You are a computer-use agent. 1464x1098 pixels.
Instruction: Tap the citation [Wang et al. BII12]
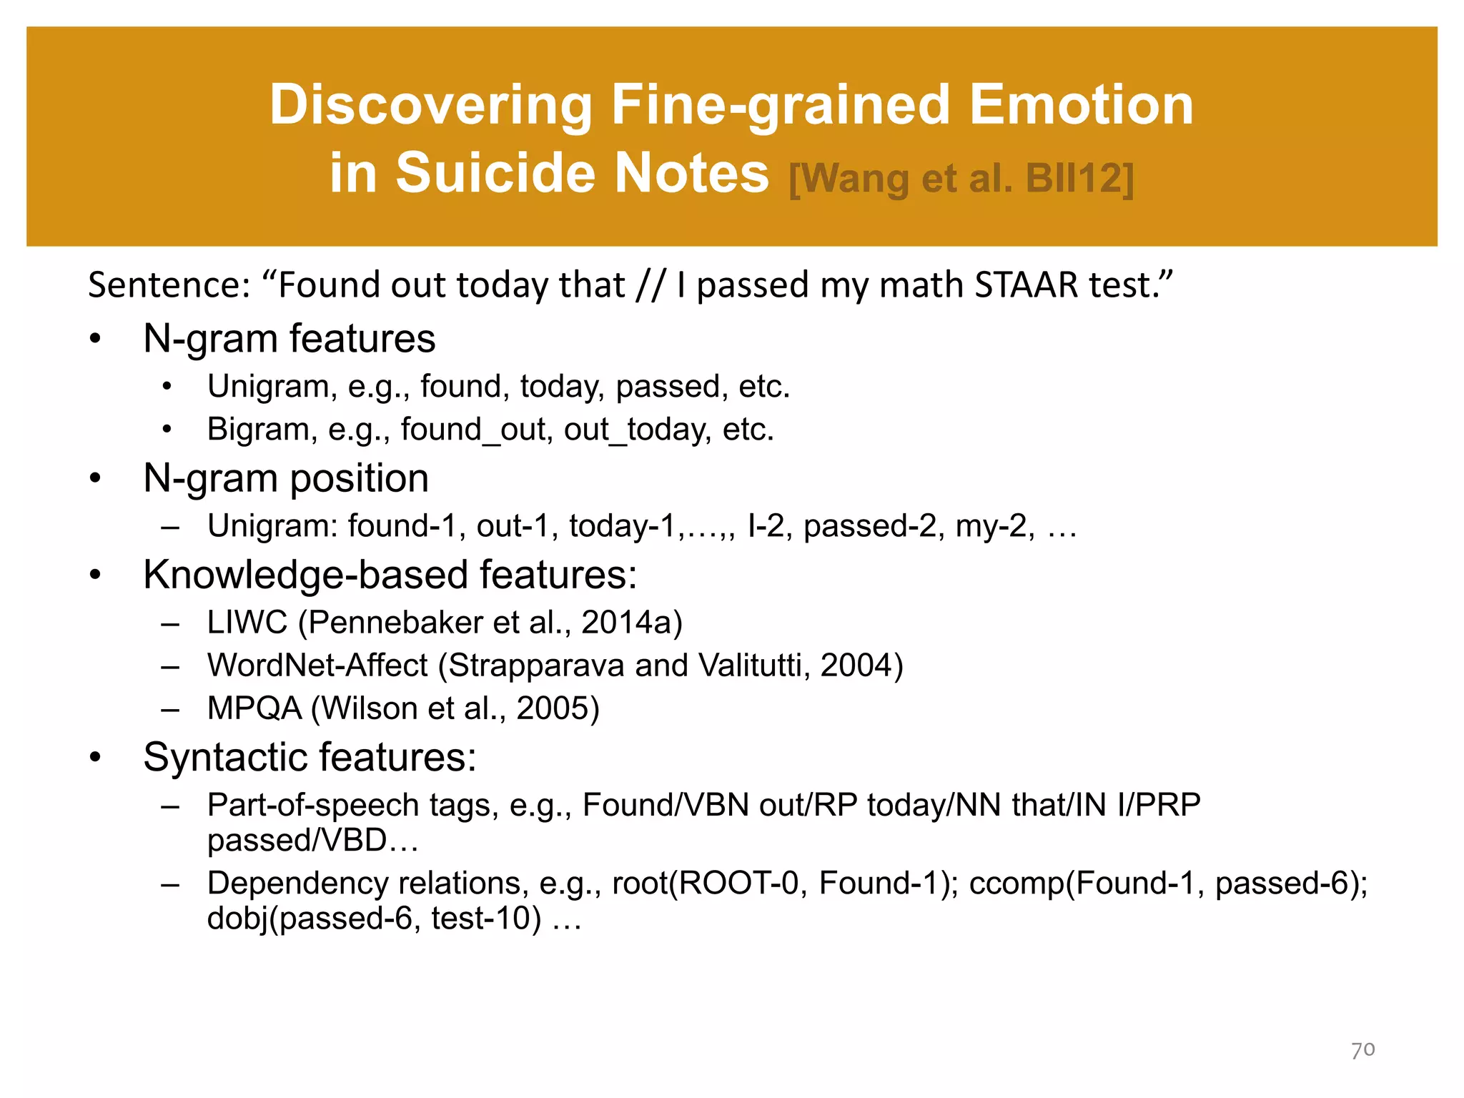(961, 178)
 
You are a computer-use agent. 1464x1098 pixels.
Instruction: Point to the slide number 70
(1362, 1049)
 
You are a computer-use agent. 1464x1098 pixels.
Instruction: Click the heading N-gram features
(289, 338)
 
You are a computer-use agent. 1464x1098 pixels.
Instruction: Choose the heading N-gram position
(286, 478)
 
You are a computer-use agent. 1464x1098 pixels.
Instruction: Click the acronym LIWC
(247, 622)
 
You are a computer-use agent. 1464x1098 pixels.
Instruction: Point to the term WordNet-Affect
(317, 665)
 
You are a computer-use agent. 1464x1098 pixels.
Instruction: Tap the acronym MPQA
(254, 708)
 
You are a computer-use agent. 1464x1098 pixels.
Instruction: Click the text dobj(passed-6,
(310, 918)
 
